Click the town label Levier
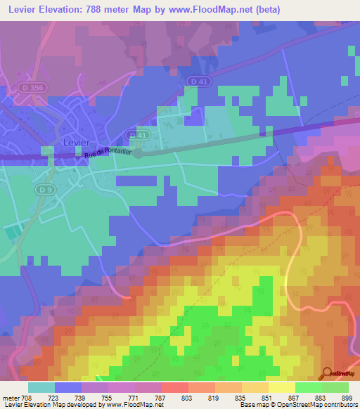click(77, 141)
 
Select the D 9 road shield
click(46, 190)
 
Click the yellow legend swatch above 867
click(281, 387)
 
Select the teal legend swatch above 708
click(41, 387)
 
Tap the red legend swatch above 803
click(174, 387)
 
